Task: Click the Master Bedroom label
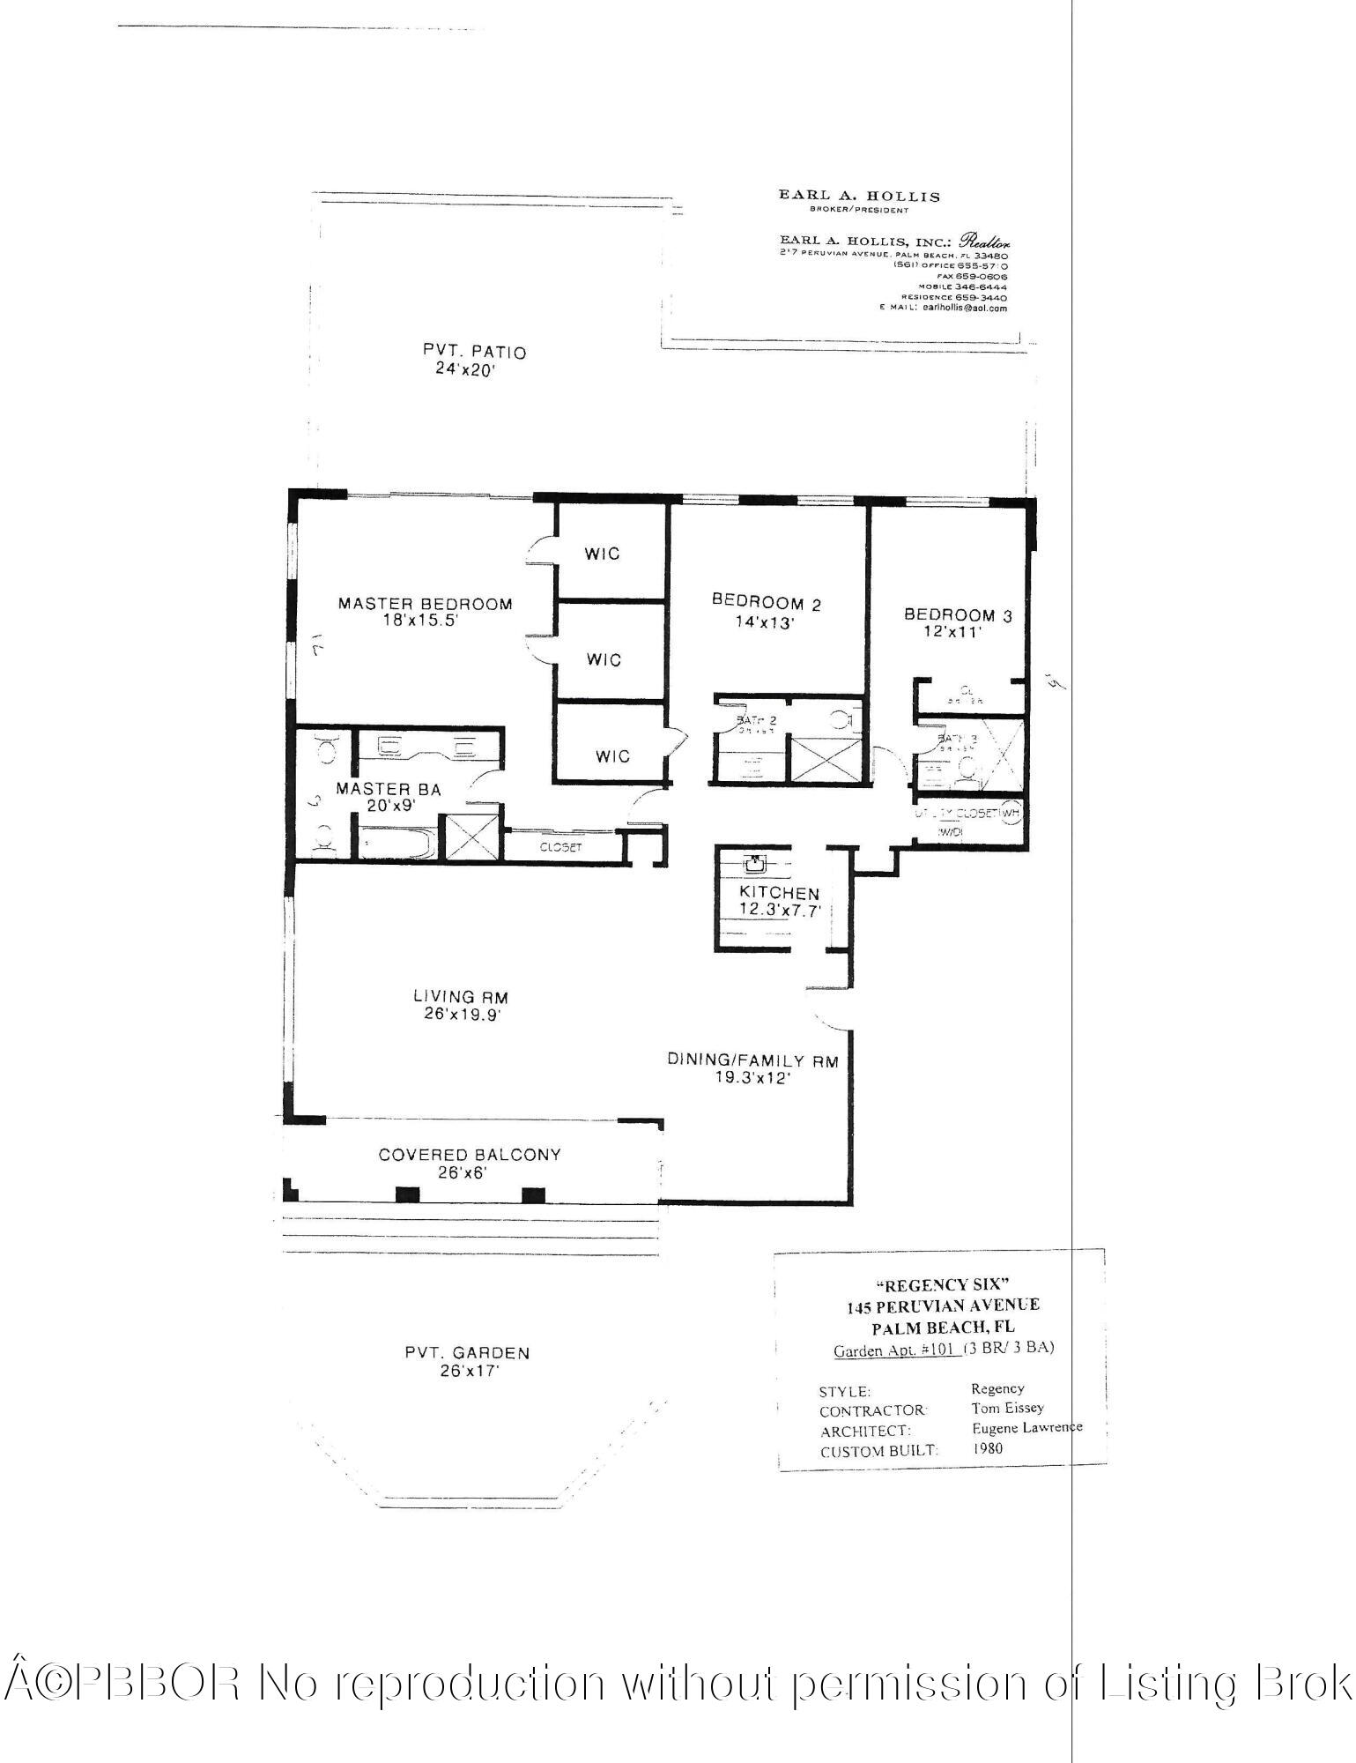coord(425,604)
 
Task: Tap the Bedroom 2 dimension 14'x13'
coord(766,621)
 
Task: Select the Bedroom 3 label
coord(958,615)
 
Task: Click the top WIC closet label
coord(603,554)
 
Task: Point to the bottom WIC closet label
coord(612,756)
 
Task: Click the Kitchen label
coord(779,893)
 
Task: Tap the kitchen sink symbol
coord(755,863)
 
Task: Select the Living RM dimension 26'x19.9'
coord(462,1015)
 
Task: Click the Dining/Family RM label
coord(752,1060)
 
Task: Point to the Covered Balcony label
coord(469,1155)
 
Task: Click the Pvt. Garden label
coord(467,1352)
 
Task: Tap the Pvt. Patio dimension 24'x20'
coord(473,369)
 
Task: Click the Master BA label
coord(388,789)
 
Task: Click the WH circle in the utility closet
coord(1011,812)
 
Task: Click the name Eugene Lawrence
coord(1026,1427)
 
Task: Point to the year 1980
coord(987,1447)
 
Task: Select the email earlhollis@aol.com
coord(964,309)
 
